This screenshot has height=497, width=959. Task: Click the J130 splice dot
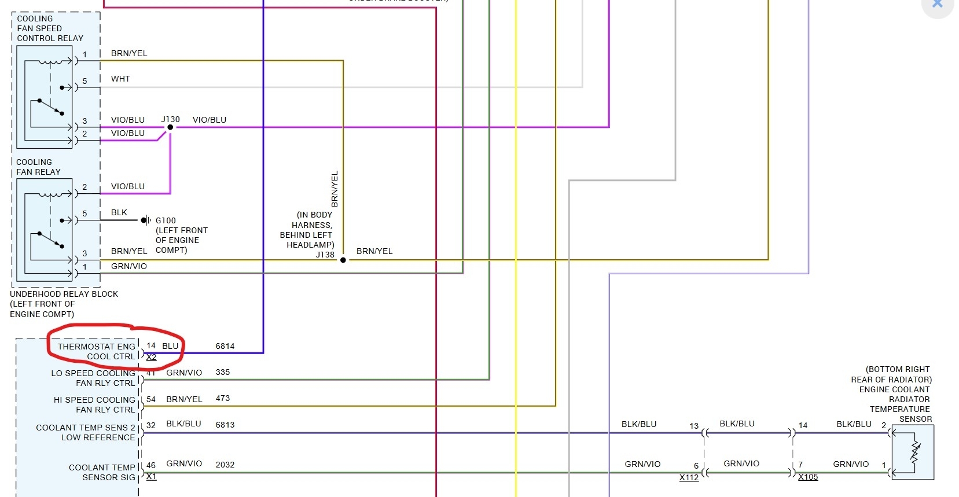(170, 127)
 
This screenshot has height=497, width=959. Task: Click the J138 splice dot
(343, 260)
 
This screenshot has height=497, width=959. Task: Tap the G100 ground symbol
(146, 220)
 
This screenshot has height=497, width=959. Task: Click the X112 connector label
(689, 477)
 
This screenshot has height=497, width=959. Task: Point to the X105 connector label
(808, 477)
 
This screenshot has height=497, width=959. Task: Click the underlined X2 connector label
(152, 357)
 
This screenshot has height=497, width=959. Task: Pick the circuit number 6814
(225, 346)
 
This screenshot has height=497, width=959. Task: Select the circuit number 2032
(225, 465)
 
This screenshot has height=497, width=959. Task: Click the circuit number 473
(223, 398)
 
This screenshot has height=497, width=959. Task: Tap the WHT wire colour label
(120, 79)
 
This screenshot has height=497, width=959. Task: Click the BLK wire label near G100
(119, 212)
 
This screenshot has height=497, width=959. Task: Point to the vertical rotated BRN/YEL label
(335, 189)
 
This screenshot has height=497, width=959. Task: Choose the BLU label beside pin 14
(170, 346)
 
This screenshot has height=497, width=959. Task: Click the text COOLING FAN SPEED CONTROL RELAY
(50, 28)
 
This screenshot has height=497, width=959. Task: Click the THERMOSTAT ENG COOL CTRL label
(97, 351)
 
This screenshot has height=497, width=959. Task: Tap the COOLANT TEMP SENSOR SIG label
(102, 472)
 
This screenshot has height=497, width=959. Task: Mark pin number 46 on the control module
(151, 465)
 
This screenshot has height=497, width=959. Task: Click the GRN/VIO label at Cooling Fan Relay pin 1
(129, 266)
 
